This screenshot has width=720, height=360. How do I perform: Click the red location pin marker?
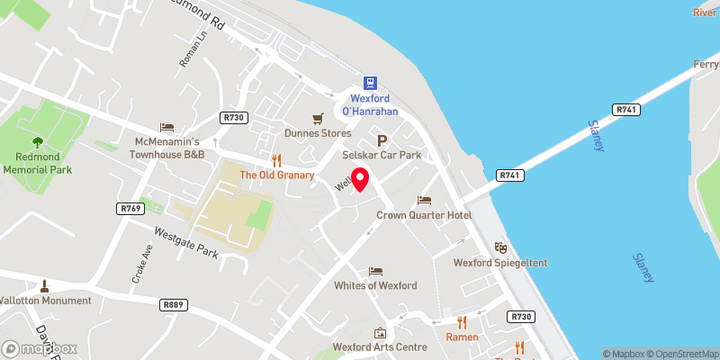[359, 179]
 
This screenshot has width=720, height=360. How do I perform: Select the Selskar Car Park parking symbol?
[382, 141]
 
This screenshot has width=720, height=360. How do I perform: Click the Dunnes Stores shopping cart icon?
[317, 118]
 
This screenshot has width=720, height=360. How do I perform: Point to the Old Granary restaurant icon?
[276, 159]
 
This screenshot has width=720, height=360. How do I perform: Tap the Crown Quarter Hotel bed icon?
[425, 200]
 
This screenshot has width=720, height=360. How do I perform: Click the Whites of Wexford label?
[375, 285]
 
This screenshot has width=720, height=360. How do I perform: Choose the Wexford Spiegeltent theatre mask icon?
[500, 247]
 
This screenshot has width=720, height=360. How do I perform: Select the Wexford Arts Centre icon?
[380, 333]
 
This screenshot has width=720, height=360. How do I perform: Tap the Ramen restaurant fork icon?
[462, 321]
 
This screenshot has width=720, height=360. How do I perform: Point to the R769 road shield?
[130, 208]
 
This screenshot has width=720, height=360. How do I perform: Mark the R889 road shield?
[175, 305]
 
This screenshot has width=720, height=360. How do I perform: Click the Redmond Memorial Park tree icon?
[37, 141]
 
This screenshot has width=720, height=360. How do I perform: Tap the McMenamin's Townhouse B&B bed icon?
[166, 128]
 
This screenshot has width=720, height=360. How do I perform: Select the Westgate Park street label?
[187, 243]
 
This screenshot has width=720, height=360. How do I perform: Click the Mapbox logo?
[39, 348]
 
